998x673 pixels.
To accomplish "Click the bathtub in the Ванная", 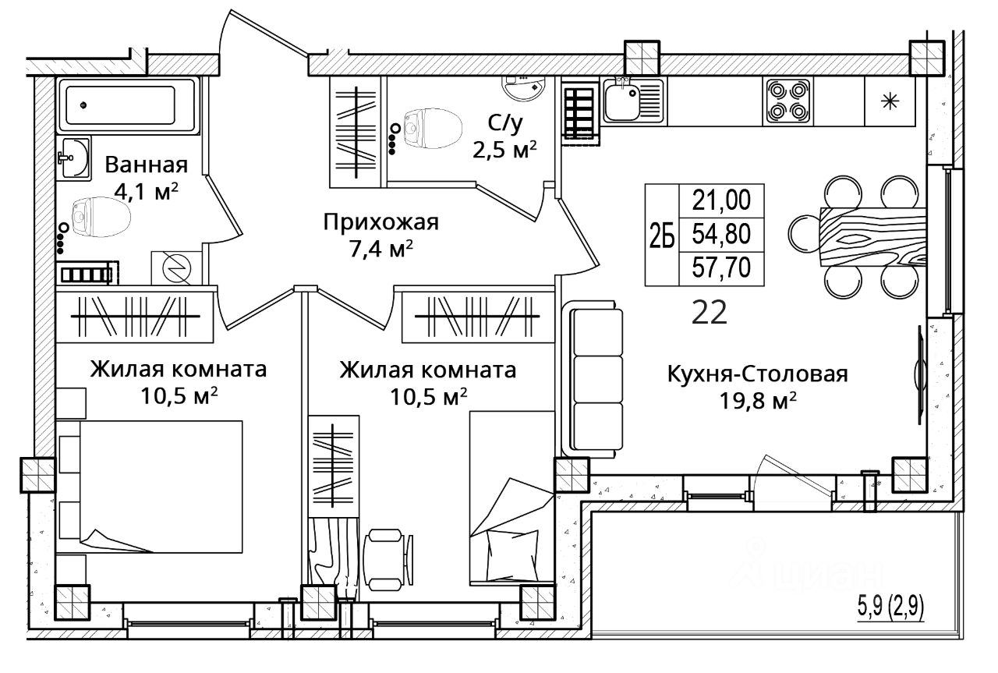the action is (x=128, y=105).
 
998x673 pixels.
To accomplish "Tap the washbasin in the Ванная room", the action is (x=74, y=158).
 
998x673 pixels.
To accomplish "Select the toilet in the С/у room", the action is (x=432, y=129).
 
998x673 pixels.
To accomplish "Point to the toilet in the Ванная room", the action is (x=101, y=217).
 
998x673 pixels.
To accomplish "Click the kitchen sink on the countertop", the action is (x=634, y=101).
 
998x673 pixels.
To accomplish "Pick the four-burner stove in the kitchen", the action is (x=787, y=101).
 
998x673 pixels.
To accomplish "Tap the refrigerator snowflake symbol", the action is (x=890, y=101).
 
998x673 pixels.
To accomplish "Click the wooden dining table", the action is (x=872, y=236).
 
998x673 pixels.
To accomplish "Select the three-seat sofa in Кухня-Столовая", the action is (x=593, y=378).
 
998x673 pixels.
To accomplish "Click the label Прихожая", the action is (x=381, y=222).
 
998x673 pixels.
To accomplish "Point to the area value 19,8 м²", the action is (x=758, y=401).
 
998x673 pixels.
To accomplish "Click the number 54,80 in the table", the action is (x=721, y=234).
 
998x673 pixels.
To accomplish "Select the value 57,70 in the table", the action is (x=721, y=267).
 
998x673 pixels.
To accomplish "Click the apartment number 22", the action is (x=710, y=313).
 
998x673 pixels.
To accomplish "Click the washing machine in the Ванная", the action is (x=176, y=267).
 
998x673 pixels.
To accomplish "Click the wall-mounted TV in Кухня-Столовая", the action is (x=918, y=375).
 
